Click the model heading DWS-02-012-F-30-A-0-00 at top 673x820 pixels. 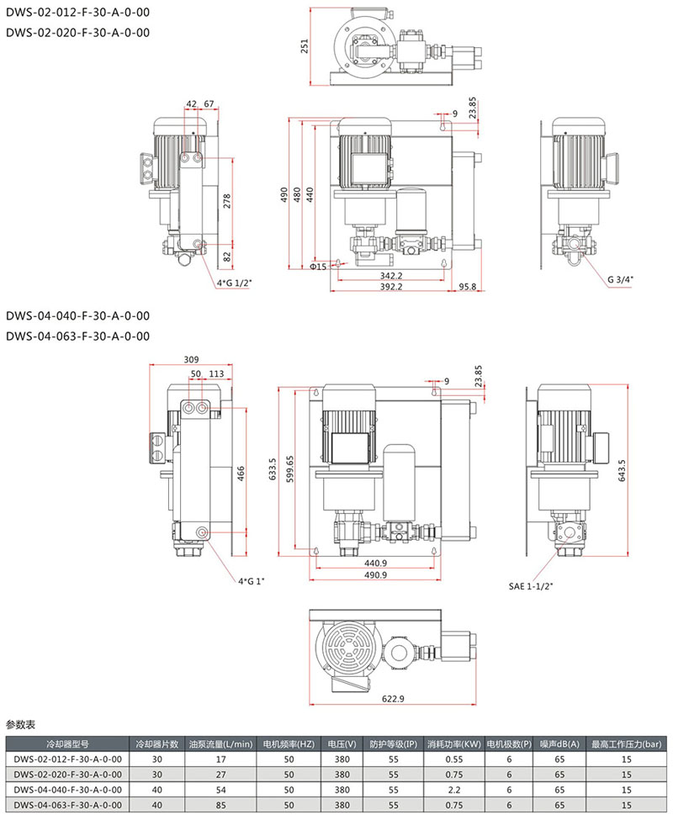tap(78, 12)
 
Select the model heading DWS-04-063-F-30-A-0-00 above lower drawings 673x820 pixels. tap(78, 336)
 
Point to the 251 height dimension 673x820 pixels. tap(305, 46)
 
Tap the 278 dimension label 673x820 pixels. tap(227, 201)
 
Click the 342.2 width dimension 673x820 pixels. tap(390, 276)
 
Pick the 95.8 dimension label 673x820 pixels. tap(468, 287)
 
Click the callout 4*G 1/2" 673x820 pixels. tap(234, 283)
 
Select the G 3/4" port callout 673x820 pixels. tap(620, 279)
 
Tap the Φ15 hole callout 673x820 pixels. tap(318, 267)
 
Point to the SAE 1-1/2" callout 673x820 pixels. tap(531, 586)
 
